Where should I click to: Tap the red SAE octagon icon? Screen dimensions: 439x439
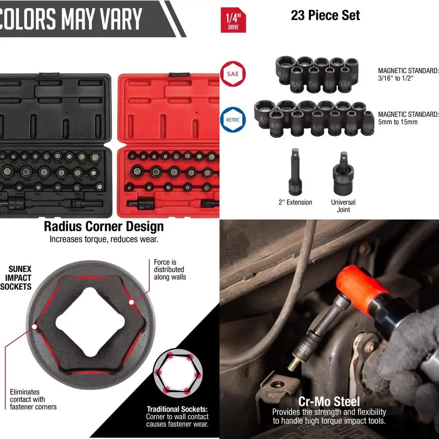[x=233, y=74]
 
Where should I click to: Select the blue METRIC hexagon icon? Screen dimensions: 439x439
[x=233, y=119]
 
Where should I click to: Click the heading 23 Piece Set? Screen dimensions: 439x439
[x=325, y=16]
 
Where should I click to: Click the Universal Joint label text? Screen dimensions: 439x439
[x=343, y=206]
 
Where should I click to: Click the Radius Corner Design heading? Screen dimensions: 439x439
[x=104, y=227]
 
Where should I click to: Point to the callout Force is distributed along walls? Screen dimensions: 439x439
[x=169, y=270]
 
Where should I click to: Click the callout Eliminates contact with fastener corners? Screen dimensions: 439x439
[x=33, y=399]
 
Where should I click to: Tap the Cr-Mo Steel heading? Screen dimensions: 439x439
[x=329, y=401]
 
